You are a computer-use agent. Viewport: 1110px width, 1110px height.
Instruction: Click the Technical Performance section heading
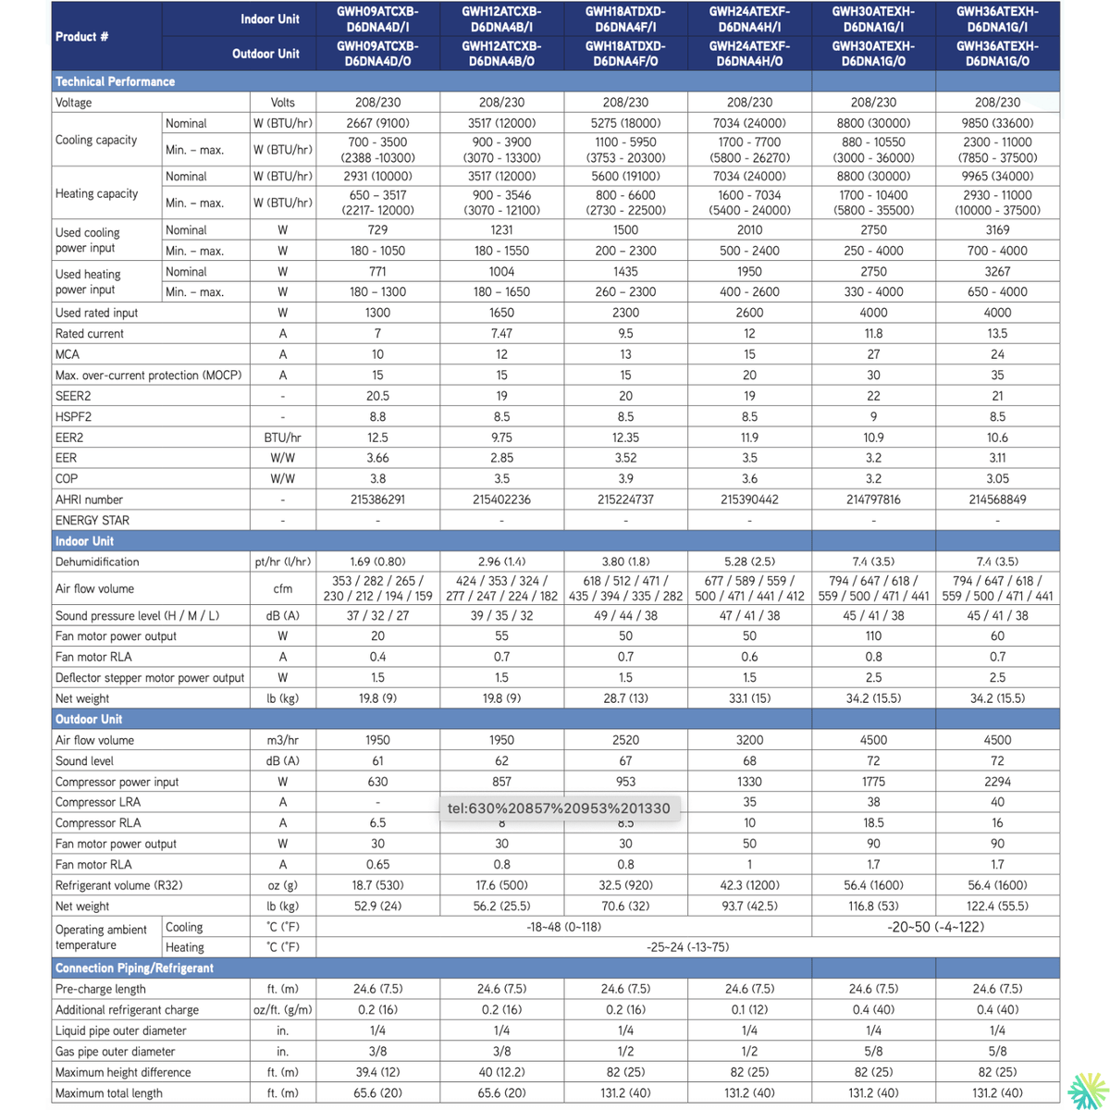coord(115,81)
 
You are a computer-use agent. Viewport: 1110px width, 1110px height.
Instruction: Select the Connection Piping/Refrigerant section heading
coord(134,968)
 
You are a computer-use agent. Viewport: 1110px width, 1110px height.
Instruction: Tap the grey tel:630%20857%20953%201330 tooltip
coord(559,808)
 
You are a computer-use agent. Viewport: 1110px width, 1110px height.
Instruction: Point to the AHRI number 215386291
coord(377,499)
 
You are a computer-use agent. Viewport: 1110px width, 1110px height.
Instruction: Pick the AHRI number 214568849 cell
coord(997,499)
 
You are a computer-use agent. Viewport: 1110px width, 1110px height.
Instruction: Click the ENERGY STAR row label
coord(92,521)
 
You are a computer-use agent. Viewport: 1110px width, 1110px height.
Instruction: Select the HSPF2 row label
coord(73,417)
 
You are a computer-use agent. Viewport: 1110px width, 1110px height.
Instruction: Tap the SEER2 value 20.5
coord(377,396)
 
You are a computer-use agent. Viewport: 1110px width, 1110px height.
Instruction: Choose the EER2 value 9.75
coord(501,438)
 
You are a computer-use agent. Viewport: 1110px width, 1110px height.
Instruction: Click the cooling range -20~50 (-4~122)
coord(935,927)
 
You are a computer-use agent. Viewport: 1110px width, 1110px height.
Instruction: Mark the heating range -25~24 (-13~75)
coord(687,947)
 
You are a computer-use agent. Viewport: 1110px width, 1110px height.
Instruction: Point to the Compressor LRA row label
coord(98,802)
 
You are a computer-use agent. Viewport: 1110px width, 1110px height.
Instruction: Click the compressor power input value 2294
coord(997,782)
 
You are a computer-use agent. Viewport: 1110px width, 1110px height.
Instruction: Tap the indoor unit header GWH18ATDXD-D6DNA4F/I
coord(625,19)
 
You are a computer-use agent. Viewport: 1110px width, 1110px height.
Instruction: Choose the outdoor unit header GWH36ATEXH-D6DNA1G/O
coord(997,54)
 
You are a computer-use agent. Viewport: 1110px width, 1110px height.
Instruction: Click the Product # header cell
coord(81,37)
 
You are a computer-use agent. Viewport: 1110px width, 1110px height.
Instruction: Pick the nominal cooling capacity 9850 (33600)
coord(997,123)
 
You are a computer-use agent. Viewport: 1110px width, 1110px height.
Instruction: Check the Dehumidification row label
coord(97,561)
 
